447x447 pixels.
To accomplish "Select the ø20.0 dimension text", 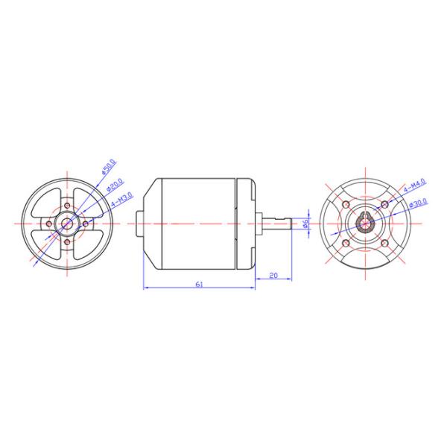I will (x=115, y=186).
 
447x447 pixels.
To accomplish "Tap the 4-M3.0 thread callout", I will (x=121, y=200).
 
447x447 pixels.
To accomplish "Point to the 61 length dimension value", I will (x=199, y=284).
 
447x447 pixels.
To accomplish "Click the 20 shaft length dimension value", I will (x=273, y=276).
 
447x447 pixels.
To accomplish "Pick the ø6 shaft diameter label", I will (x=306, y=223).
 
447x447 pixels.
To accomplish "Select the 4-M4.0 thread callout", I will (x=413, y=185).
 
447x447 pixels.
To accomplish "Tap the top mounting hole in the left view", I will (x=68, y=206).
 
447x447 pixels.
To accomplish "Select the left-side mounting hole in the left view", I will (x=49, y=223).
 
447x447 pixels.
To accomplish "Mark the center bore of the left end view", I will (x=68, y=223).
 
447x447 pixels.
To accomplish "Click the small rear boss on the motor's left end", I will (x=138, y=223).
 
